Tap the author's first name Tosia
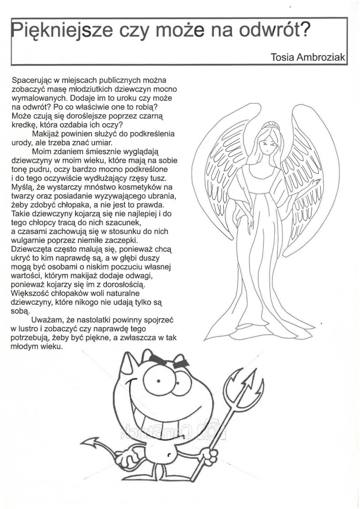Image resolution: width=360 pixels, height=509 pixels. pos(283,57)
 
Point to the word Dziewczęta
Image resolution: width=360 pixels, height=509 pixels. pos(31,247)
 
